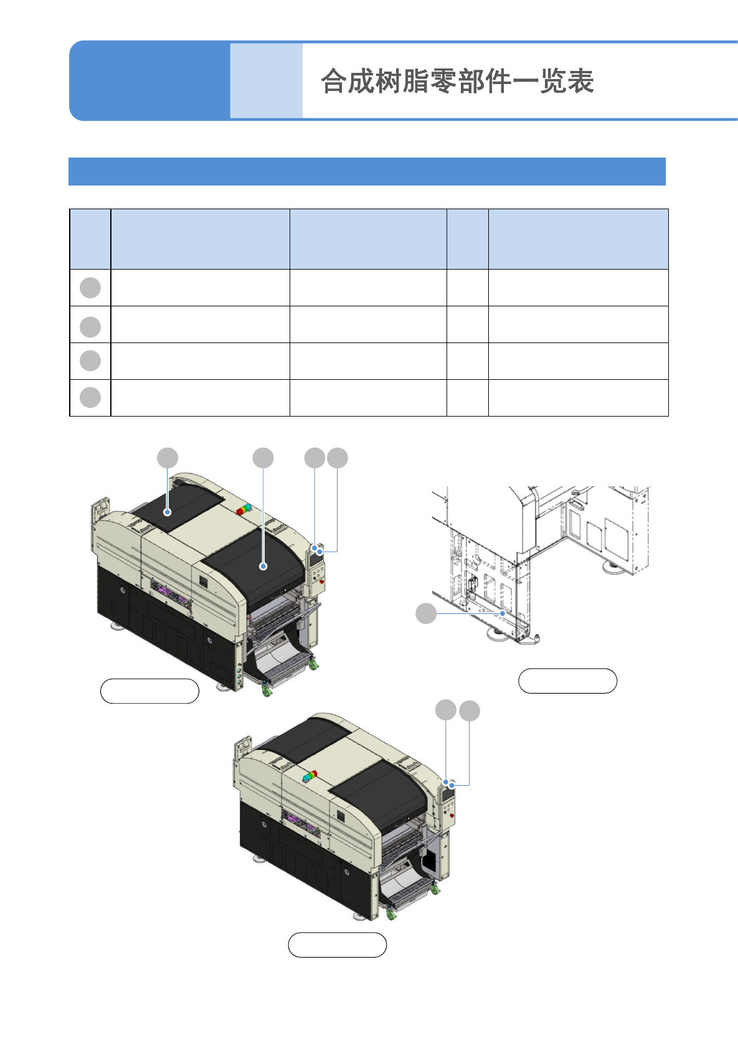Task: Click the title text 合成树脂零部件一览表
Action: point(457,82)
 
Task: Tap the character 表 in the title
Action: point(580,82)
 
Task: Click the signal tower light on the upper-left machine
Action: point(244,509)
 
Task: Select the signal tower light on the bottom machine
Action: point(310,776)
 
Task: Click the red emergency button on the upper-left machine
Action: point(321,582)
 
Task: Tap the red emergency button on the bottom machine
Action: point(452,814)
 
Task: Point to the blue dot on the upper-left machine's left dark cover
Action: point(168,512)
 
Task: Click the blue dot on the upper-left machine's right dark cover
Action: point(263,566)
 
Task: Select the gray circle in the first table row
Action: point(90,288)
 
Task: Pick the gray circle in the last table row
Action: point(90,397)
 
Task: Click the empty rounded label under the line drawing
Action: point(567,681)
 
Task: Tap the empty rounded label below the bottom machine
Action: point(337,945)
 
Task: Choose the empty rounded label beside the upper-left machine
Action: point(149,691)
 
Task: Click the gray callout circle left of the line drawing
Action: point(426,613)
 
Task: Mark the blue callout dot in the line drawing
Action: point(503,613)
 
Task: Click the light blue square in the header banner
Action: point(266,81)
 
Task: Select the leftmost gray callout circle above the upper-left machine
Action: point(168,458)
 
